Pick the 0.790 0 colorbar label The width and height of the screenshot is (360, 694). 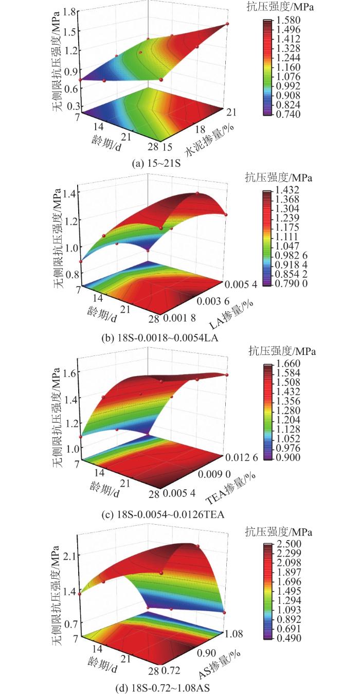[x=295, y=283]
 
